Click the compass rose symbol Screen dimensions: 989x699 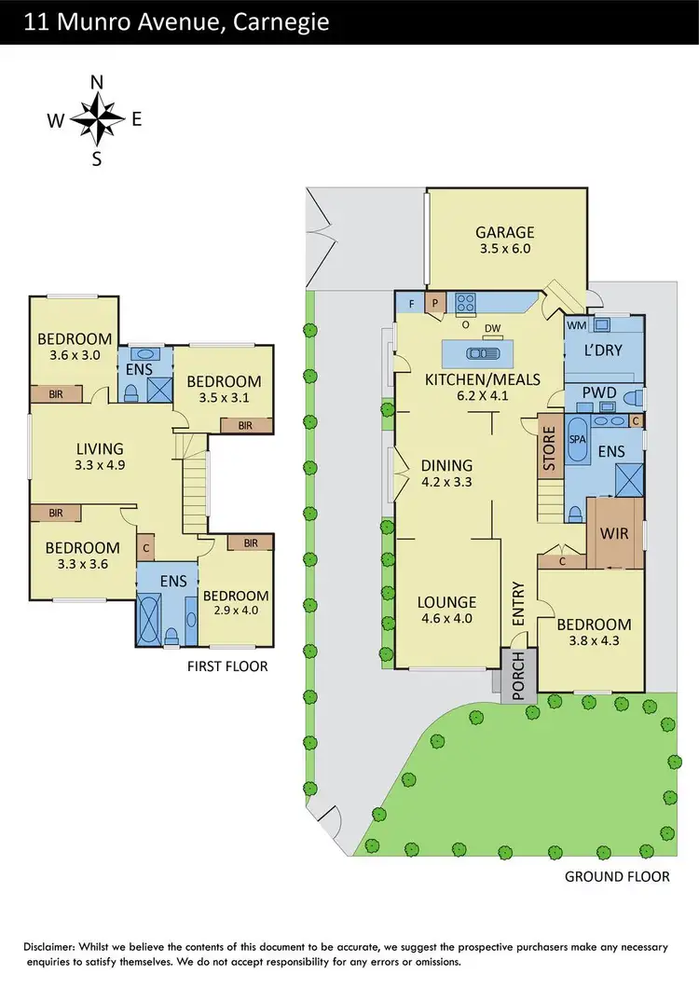pos(97,118)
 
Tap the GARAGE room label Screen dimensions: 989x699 pos(504,233)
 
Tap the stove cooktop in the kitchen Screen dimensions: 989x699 pos(466,302)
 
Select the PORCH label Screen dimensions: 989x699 pos(515,676)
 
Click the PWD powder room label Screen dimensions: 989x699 pos(598,392)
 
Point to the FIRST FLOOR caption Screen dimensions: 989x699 pos(227,666)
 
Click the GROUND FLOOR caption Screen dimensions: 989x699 pos(617,877)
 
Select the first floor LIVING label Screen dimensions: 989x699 pos(100,449)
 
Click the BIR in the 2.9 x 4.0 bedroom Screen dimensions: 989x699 pos(250,543)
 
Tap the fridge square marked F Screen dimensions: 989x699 pos(411,302)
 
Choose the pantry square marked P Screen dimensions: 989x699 pos(434,302)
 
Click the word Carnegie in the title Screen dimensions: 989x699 pos(279,21)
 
